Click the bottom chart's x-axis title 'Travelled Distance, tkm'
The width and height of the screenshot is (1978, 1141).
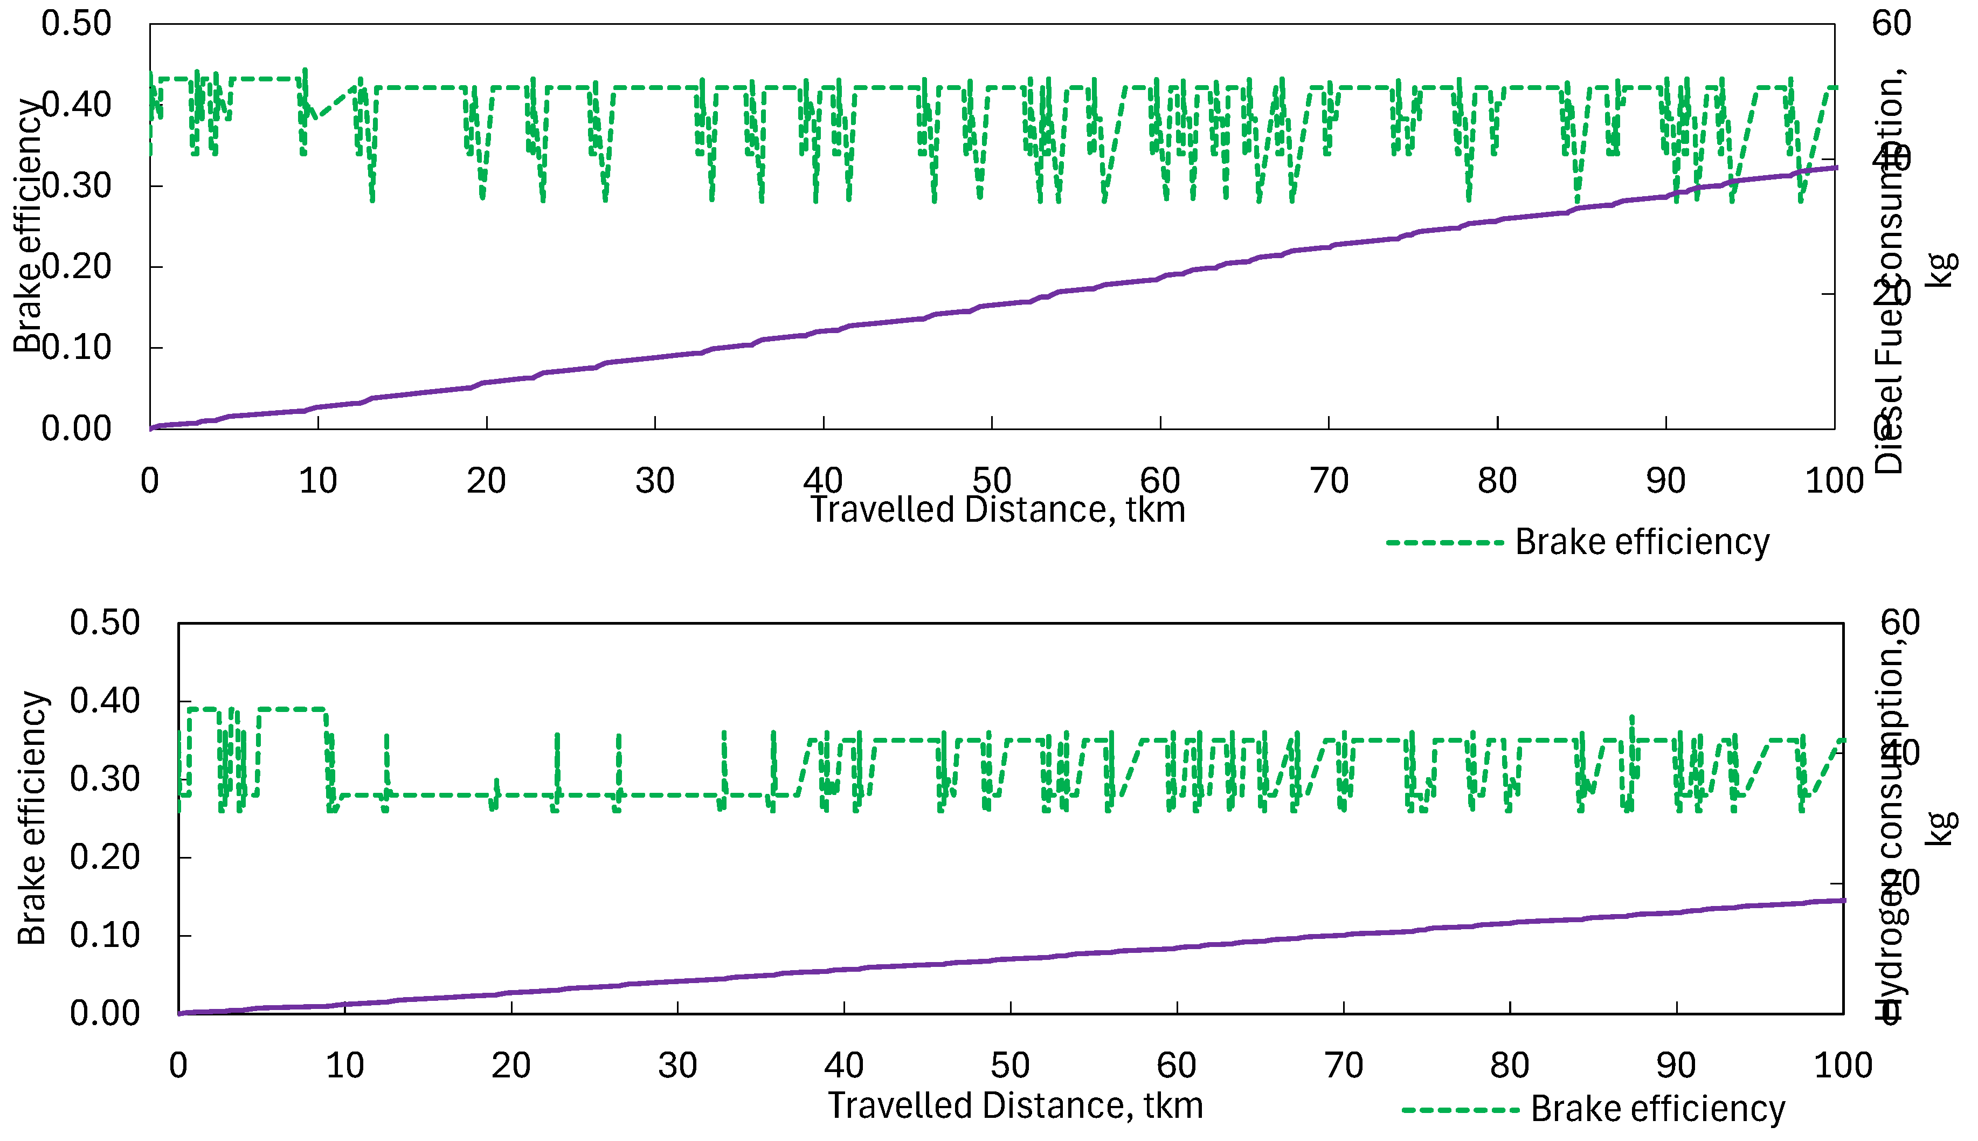[x=1015, y=1106]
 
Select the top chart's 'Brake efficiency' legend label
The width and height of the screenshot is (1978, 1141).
[x=1642, y=542]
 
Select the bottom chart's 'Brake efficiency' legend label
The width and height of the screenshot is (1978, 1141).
[x=1657, y=1110]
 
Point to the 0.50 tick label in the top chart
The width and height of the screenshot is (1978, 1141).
[x=76, y=24]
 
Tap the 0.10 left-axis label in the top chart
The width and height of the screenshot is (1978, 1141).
[x=76, y=347]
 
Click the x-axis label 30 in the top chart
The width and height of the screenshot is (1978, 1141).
[x=654, y=480]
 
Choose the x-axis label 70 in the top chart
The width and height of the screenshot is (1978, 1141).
[x=1329, y=480]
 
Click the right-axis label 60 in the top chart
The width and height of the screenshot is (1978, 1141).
[x=1891, y=24]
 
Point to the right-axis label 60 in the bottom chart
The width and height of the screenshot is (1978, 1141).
[x=1900, y=623]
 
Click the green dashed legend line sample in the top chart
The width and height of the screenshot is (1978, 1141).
[x=1443, y=542]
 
